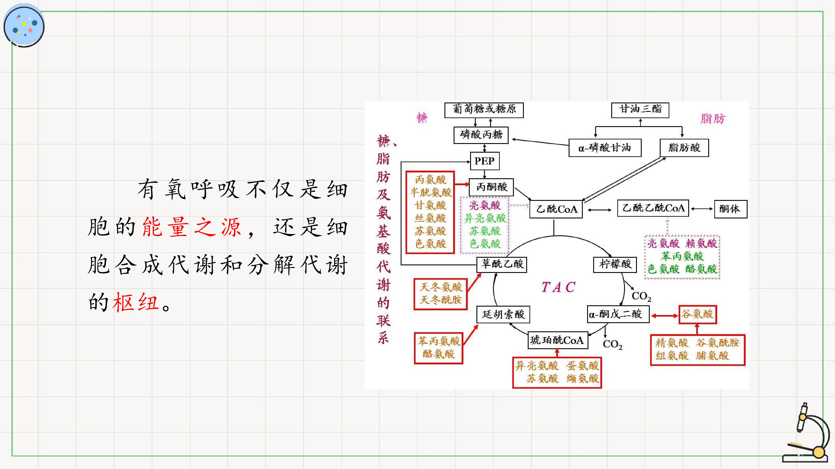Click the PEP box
[x=485, y=161]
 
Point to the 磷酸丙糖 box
[x=481, y=135]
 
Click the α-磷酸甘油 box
[x=605, y=148]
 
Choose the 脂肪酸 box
[x=684, y=148]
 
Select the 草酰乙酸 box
[x=502, y=264]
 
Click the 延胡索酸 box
[x=503, y=314]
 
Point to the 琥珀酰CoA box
[x=558, y=340]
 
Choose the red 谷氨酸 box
[x=698, y=314]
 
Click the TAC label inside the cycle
[x=558, y=287]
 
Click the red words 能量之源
[x=192, y=227]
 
